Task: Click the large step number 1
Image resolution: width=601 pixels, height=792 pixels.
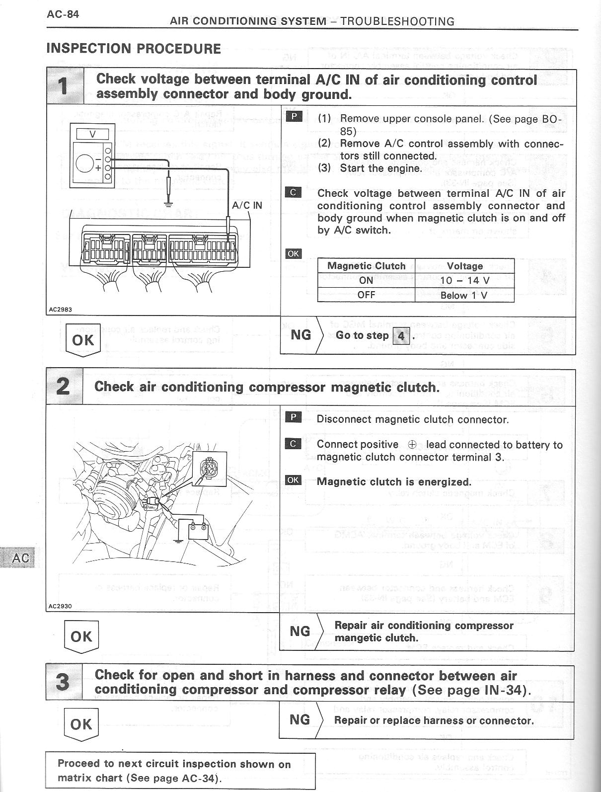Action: tap(64, 86)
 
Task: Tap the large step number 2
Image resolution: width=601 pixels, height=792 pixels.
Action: tap(64, 387)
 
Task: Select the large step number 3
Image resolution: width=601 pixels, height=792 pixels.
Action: tap(63, 682)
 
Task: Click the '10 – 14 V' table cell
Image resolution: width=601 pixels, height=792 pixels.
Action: tap(464, 280)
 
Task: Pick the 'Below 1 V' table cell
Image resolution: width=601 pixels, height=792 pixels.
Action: tap(464, 295)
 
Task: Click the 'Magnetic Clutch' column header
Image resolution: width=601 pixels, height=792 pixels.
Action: tap(366, 266)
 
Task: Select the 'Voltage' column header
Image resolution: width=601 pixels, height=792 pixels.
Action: tap(464, 266)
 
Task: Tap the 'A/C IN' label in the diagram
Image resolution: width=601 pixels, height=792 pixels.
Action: tap(247, 205)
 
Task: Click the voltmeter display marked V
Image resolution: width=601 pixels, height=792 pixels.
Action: tap(92, 134)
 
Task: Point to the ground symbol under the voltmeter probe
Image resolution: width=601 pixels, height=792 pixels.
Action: tap(169, 202)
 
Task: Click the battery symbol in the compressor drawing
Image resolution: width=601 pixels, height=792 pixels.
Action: tap(198, 530)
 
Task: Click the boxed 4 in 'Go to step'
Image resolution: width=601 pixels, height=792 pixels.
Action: tap(401, 336)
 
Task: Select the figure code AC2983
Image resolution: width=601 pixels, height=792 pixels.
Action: tap(60, 309)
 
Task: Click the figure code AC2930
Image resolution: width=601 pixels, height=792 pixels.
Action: tap(60, 606)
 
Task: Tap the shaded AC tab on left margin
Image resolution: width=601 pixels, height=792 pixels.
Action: tap(18, 558)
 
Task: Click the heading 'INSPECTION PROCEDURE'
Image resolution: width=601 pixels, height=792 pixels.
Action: tap(134, 49)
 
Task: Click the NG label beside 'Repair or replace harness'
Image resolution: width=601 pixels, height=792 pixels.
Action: tap(300, 719)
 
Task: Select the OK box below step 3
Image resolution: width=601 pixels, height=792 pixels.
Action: tap(81, 724)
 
